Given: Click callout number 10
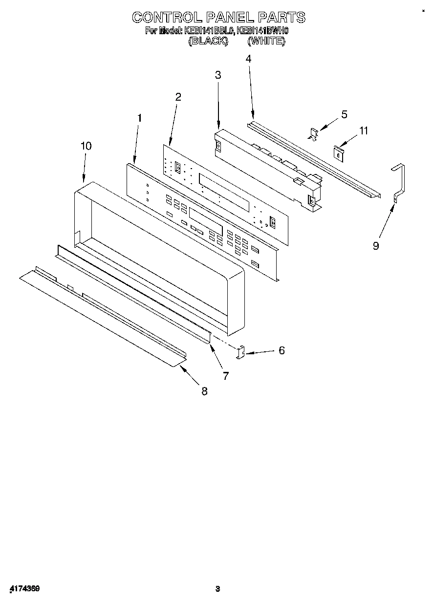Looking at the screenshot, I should tap(86, 146).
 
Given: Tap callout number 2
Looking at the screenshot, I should tap(178, 97).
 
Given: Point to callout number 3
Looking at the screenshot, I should tap(217, 75).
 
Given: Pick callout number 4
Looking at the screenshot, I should tap(248, 59).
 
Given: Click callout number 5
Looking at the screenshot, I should tap(344, 114).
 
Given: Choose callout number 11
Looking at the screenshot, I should tap(363, 130).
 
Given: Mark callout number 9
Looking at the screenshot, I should tap(376, 246).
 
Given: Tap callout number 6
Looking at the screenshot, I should tap(282, 350).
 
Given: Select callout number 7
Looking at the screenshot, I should tap(226, 376).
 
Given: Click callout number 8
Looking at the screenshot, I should tap(204, 391).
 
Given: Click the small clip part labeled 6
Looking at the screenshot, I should tap(241, 353).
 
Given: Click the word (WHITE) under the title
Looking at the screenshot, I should tap(266, 42).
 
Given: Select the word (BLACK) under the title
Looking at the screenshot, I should tap(208, 42).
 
